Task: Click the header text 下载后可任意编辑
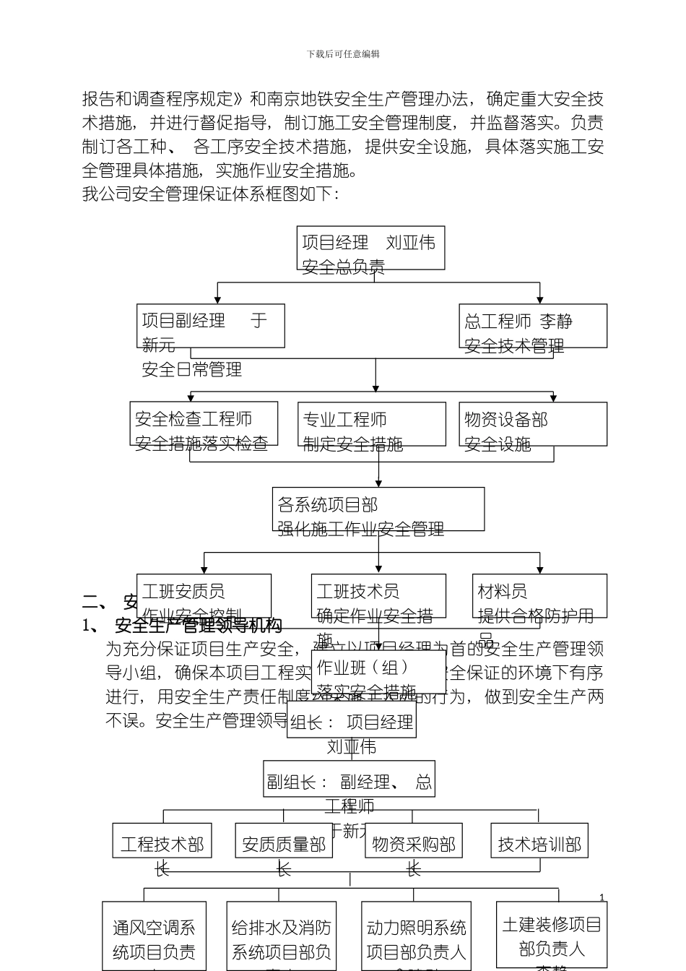(x=343, y=54)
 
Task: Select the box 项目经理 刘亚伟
(x=370, y=248)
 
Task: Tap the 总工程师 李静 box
(x=533, y=326)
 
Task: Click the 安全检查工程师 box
(x=204, y=424)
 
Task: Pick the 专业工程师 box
(x=371, y=424)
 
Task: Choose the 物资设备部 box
(x=533, y=424)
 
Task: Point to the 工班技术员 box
(x=378, y=596)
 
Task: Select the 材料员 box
(x=539, y=596)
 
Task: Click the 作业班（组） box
(x=378, y=672)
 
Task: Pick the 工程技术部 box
(x=162, y=841)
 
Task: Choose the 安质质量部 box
(x=284, y=841)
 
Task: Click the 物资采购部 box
(x=414, y=841)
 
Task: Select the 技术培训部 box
(x=539, y=841)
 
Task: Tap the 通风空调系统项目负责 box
(x=154, y=936)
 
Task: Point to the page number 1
(x=602, y=898)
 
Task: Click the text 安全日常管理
(x=192, y=370)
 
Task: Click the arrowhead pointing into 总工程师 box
(x=539, y=300)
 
